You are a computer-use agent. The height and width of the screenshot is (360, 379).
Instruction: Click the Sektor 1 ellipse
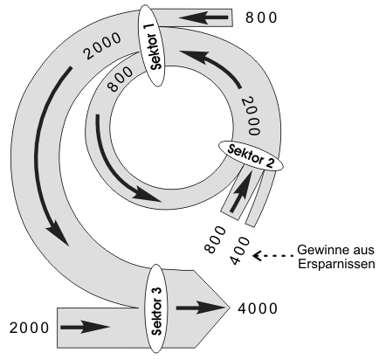click(152, 45)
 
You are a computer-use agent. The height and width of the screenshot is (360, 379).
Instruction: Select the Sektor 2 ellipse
click(251, 156)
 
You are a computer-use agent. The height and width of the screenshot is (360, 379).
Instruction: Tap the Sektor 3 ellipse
click(156, 308)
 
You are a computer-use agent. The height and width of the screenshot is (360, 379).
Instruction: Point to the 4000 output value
click(258, 308)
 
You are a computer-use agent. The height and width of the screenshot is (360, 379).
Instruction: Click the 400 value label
click(240, 251)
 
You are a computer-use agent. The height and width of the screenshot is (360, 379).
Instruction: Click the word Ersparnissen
click(336, 264)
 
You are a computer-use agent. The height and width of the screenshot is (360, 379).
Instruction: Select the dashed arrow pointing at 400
click(273, 256)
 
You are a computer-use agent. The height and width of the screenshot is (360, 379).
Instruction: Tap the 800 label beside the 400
click(215, 239)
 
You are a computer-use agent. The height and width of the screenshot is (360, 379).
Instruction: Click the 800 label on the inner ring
click(120, 80)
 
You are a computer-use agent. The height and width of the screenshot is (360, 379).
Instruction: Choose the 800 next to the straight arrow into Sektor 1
click(261, 17)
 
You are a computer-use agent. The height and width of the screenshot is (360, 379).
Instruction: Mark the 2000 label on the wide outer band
click(102, 45)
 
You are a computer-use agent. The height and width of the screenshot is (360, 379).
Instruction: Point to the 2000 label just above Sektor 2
click(251, 116)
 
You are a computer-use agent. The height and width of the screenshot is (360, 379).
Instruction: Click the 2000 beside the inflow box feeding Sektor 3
click(29, 328)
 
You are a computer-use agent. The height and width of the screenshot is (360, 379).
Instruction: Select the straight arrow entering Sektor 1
click(203, 17)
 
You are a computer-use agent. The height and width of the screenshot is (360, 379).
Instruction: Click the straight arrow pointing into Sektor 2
click(241, 190)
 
